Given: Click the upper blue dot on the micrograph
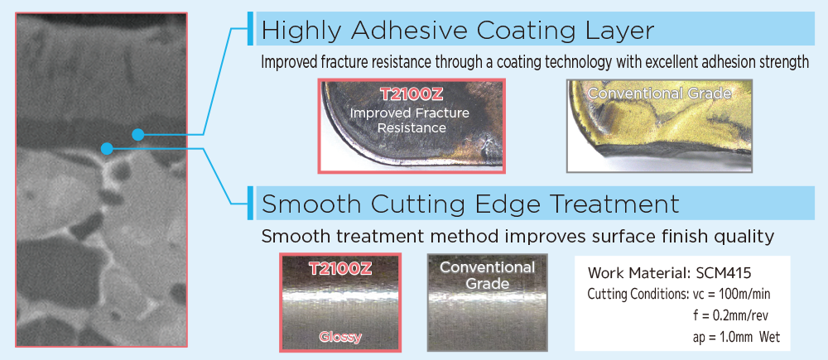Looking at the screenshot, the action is (x=137, y=135).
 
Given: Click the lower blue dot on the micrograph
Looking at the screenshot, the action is (x=107, y=149).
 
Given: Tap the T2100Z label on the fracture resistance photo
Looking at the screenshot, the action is (x=412, y=95).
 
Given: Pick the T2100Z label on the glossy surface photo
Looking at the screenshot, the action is (x=340, y=269).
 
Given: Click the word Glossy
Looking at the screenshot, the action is (x=340, y=337).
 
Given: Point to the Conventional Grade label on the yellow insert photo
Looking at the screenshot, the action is (x=659, y=94).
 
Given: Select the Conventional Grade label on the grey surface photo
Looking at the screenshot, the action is (x=487, y=276).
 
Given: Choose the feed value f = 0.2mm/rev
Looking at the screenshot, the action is (x=730, y=315).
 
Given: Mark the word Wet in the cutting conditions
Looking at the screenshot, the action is (x=769, y=337).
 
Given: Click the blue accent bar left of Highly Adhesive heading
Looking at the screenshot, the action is (x=250, y=28).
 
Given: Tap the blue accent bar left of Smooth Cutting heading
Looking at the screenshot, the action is (x=250, y=203).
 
